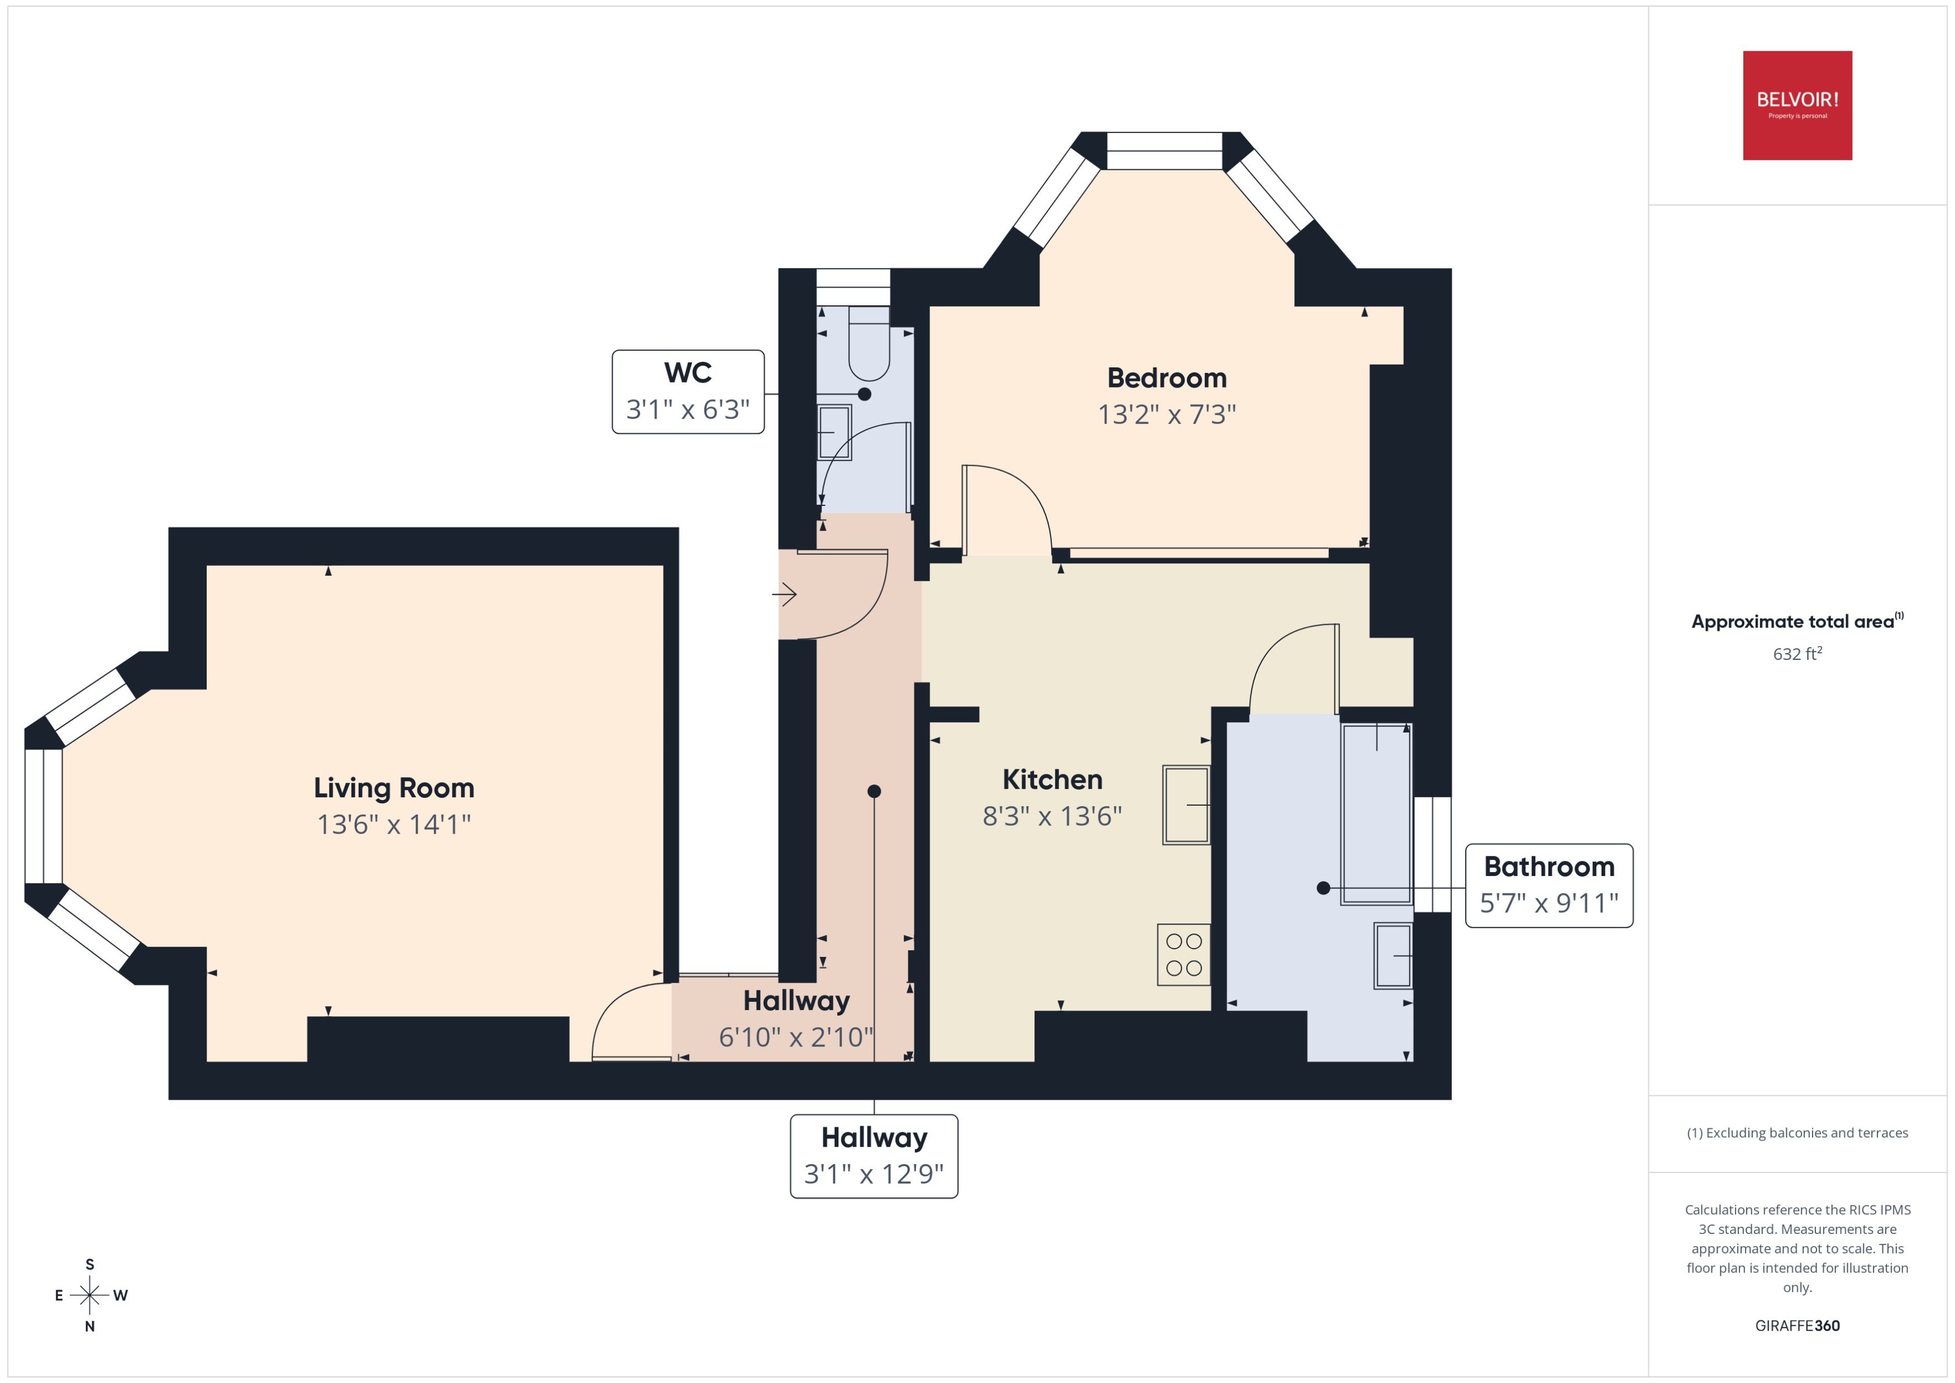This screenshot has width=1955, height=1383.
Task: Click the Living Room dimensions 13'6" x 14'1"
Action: coord(394,824)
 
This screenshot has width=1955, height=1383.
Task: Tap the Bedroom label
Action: coord(1166,377)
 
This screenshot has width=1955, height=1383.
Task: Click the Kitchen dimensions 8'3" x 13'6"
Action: coord(1051,816)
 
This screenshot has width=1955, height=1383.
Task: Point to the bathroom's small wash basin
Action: coord(1392,955)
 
